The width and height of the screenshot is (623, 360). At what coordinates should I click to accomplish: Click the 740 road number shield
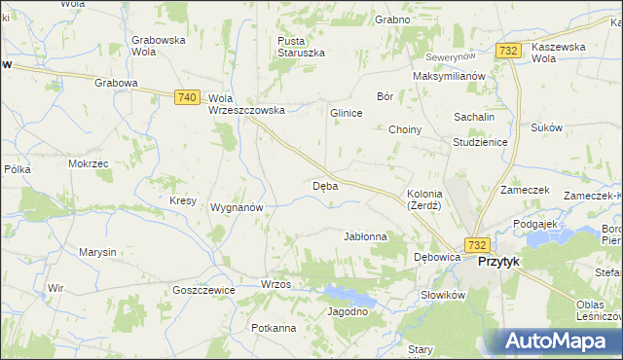[189, 97]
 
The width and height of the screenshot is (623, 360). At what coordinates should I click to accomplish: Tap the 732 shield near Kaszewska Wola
[506, 51]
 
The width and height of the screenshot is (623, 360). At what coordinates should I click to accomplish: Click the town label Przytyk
[496, 262]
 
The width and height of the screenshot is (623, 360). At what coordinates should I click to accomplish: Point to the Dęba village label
[325, 185]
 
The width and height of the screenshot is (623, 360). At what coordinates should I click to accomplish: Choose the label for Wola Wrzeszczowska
[246, 104]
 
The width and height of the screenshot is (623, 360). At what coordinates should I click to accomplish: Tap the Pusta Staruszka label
[301, 46]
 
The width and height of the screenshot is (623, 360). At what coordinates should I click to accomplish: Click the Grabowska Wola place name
[159, 46]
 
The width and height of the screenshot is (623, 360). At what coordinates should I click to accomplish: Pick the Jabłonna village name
[366, 236]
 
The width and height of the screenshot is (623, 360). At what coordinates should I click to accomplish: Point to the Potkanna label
[274, 328]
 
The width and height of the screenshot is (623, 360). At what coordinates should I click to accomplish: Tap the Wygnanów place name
[238, 207]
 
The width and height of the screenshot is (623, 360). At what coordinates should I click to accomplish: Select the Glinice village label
[347, 113]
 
